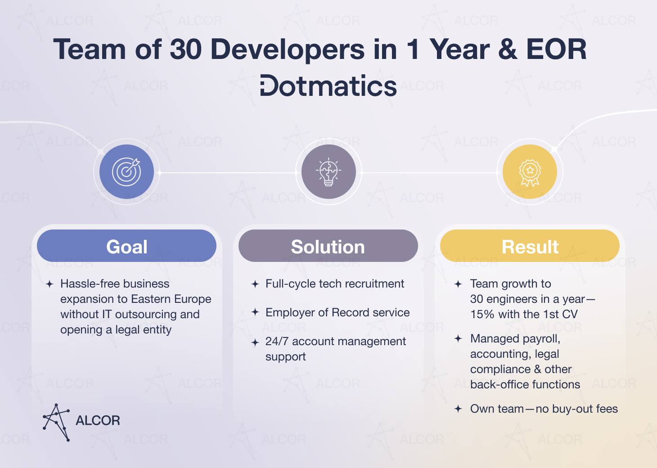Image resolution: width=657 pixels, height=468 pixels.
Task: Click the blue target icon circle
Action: point(126,171)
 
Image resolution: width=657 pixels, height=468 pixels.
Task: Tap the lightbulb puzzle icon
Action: point(328,171)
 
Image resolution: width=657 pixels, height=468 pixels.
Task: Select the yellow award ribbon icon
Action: point(530,173)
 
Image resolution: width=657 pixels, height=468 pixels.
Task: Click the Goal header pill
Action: point(126,246)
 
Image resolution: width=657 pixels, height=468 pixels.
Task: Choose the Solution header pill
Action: point(328,246)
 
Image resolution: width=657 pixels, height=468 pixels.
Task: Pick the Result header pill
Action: point(530,246)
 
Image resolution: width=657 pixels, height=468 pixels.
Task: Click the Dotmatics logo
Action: point(328,85)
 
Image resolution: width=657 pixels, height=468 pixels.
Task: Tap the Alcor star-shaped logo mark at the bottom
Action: point(56,422)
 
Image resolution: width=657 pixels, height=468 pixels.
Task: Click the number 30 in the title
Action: point(186,49)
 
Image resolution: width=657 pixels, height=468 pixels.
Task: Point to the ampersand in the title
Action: point(508,49)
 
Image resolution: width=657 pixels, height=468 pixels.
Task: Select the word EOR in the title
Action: point(556,49)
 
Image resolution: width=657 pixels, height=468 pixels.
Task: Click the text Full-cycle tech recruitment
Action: point(335,283)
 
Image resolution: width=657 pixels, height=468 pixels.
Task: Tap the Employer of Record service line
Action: point(337,312)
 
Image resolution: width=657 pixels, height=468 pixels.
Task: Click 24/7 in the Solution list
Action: point(277,341)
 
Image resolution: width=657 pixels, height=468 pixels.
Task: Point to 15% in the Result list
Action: point(482,314)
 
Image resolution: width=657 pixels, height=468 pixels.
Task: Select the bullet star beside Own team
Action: point(458,409)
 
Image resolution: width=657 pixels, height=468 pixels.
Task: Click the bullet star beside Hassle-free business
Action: point(49,284)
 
